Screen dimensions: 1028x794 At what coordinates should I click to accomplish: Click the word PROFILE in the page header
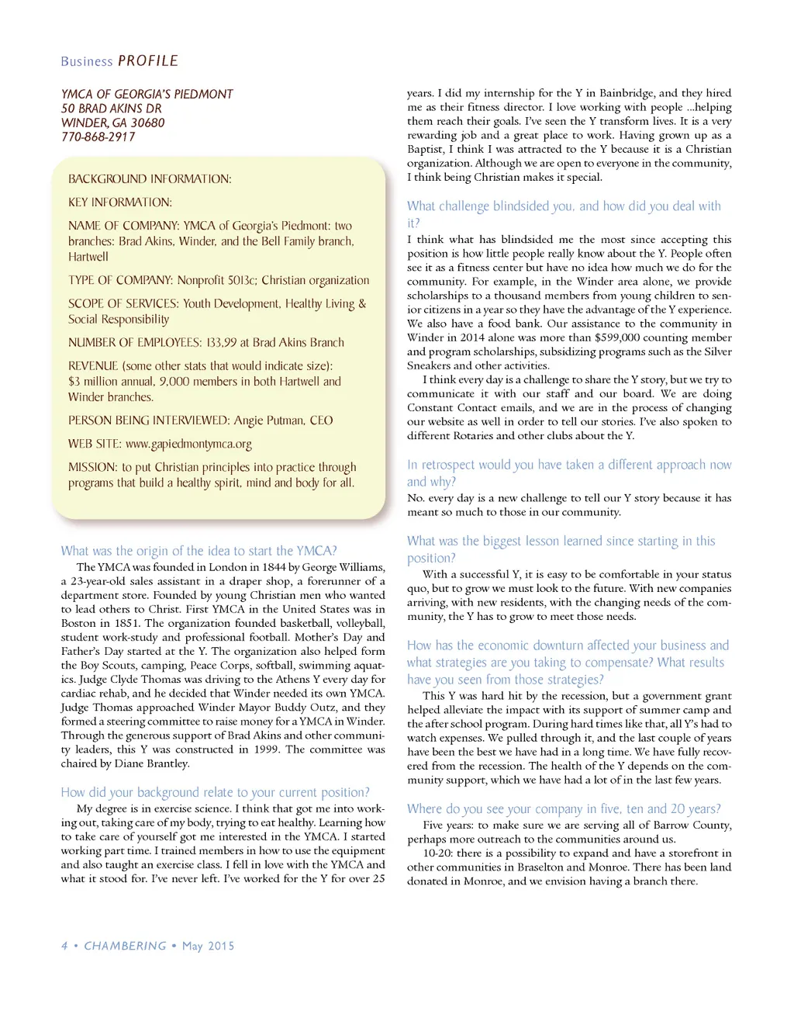[x=148, y=61]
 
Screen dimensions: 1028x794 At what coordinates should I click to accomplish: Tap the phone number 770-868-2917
[x=98, y=137]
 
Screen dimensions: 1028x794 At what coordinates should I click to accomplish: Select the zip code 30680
[x=147, y=123]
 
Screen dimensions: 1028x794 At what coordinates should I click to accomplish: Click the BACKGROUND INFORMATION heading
[x=150, y=179]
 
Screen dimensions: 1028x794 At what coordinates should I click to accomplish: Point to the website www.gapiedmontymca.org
[x=188, y=445]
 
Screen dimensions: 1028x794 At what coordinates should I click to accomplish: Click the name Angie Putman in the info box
[x=270, y=421]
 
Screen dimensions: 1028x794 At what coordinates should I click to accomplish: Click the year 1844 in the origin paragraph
[x=271, y=567]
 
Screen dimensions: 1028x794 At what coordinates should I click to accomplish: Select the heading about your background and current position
[x=215, y=792]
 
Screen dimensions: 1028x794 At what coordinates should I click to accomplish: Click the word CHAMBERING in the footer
[x=125, y=946]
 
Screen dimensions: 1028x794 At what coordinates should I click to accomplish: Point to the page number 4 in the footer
[x=64, y=946]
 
